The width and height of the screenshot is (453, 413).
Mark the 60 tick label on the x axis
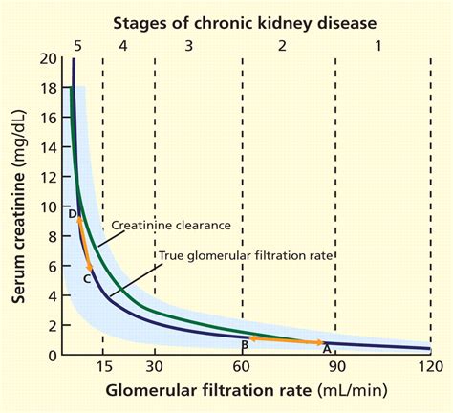click(243, 368)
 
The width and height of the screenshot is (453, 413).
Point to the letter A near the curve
click(325, 350)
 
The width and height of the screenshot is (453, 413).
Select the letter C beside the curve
click(87, 278)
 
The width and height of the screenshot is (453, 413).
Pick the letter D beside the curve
click(73, 212)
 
